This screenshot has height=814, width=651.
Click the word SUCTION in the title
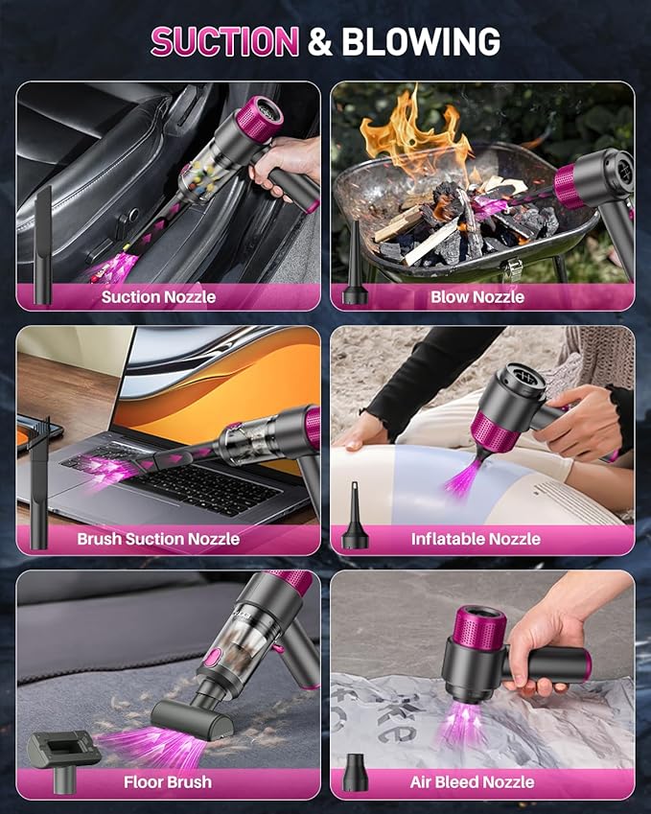(225, 41)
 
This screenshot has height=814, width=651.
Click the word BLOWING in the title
(421, 41)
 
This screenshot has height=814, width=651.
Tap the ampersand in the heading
(320, 41)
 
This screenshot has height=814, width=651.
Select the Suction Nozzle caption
(158, 297)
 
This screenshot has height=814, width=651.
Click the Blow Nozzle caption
(477, 297)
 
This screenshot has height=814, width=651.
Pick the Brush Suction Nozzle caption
(158, 540)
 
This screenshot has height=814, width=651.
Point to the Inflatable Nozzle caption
(477, 540)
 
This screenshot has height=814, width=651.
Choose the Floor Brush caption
(168, 782)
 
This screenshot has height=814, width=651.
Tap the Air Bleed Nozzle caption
(473, 782)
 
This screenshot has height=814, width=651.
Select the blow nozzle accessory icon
(355, 278)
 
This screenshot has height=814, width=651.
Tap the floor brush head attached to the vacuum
(192, 714)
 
